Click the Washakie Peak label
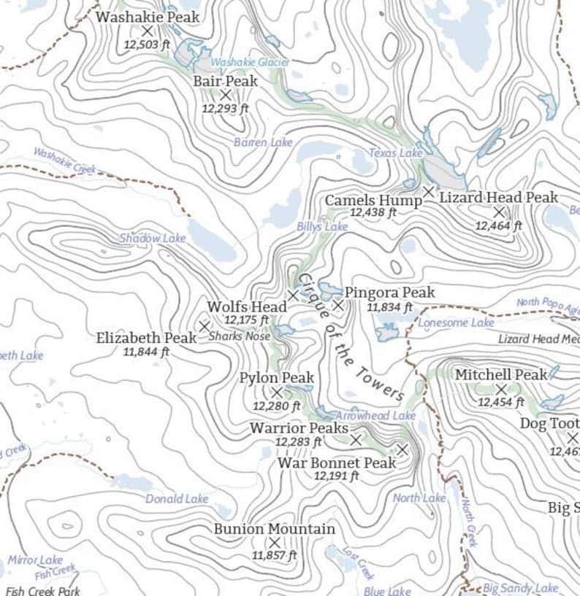(x=148, y=16)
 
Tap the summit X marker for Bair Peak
(x=226, y=95)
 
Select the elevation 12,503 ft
(x=147, y=44)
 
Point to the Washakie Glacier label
(x=250, y=63)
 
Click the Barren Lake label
(x=263, y=142)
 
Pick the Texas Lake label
(x=395, y=153)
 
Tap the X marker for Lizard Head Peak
(x=499, y=212)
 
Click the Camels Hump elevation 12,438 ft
(x=373, y=213)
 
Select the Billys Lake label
(x=322, y=227)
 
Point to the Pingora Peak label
(x=389, y=293)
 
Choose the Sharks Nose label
(x=239, y=336)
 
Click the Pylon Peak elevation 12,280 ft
(x=276, y=406)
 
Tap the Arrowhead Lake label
(x=375, y=415)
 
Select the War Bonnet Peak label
(x=337, y=463)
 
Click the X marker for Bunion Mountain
(x=275, y=543)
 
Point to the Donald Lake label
(x=177, y=499)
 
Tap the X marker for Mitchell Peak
(x=501, y=390)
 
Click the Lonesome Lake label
(x=457, y=322)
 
